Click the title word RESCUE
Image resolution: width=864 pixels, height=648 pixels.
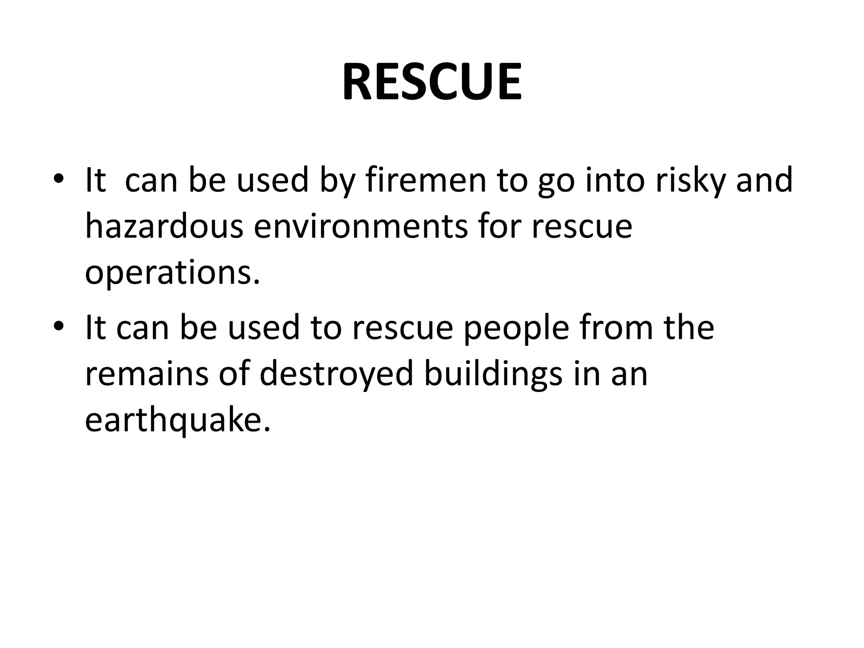tap(432, 82)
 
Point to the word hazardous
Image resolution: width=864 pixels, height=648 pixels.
tap(164, 227)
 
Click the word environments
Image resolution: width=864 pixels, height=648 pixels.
tap(361, 227)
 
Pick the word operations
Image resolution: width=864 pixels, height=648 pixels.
tap(172, 273)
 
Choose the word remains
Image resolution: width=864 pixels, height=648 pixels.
tap(147, 374)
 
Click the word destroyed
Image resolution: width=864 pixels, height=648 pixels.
tap(336, 374)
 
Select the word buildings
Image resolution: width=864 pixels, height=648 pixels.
tap(493, 374)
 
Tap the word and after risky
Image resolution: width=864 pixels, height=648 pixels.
tap(764, 181)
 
